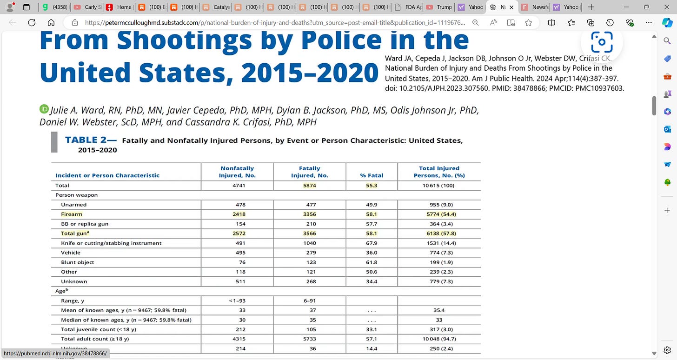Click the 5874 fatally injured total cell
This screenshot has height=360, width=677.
[x=310, y=185]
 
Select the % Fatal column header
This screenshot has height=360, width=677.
[x=372, y=175]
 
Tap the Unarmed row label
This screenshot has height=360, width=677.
[x=73, y=205]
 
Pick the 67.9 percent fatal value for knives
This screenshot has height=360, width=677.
[x=372, y=243]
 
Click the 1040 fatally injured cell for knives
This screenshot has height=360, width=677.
[x=310, y=243]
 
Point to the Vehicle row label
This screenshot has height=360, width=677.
[x=71, y=253]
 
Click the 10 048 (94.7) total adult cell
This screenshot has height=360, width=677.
[x=439, y=339]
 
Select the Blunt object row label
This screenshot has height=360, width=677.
[x=77, y=262]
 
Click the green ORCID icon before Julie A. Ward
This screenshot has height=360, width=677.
[x=44, y=109]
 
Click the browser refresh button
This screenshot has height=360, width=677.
[x=32, y=22]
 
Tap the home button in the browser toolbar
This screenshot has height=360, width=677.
[x=51, y=22]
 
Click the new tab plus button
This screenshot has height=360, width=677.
[x=591, y=7]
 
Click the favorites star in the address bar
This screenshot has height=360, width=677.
[x=528, y=22]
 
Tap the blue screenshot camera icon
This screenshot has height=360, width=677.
[x=602, y=42]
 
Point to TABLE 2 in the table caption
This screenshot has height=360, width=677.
[x=88, y=140]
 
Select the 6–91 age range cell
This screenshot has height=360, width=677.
[x=310, y=300]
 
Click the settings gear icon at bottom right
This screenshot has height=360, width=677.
[x=667, y=350]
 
